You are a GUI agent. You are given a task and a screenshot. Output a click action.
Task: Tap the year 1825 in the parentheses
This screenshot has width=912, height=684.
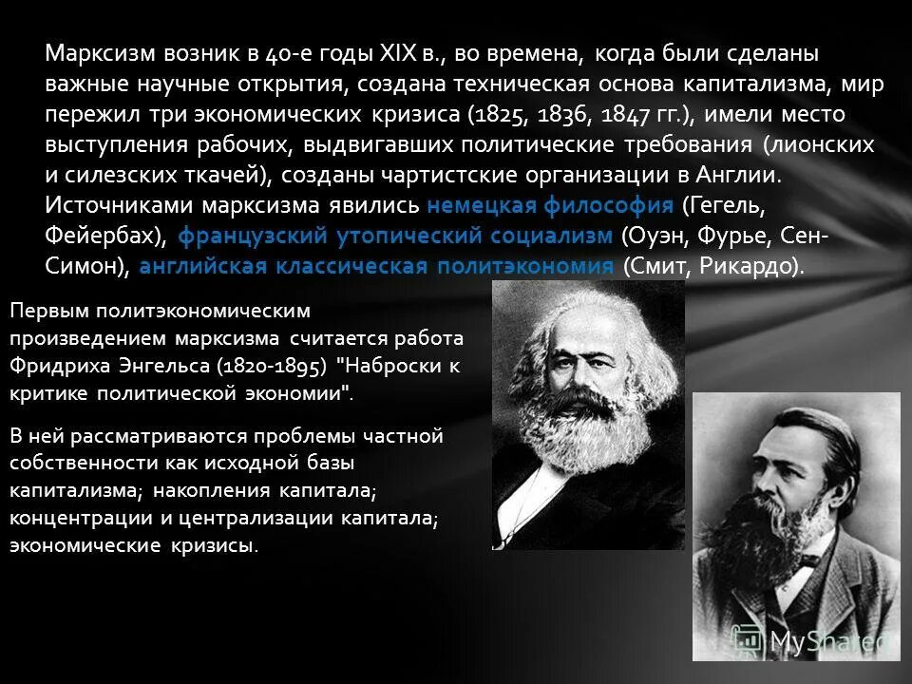498,115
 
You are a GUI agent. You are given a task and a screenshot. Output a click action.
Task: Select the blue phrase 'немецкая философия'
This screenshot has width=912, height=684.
550,205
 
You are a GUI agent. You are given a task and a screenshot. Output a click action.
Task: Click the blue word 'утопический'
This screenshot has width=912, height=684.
412,236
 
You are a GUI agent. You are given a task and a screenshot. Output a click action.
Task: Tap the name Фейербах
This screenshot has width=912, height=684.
102,236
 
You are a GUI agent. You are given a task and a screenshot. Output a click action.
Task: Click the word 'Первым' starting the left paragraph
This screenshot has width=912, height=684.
45,311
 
